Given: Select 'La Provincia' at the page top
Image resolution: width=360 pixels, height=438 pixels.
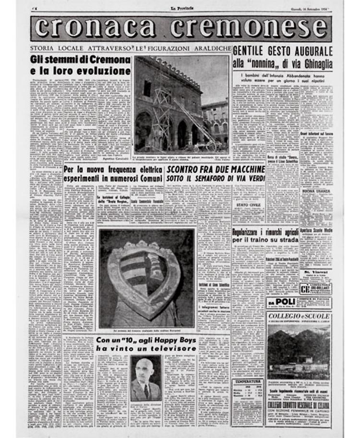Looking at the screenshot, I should pos(180,9).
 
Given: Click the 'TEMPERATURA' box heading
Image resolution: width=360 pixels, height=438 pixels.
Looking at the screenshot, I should pos(247,381).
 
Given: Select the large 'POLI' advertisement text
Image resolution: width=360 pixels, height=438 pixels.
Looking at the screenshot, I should pos(286,302).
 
